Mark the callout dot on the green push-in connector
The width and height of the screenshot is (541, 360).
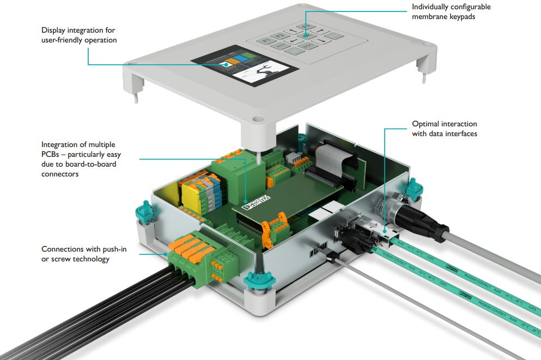tap(166, 253)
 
